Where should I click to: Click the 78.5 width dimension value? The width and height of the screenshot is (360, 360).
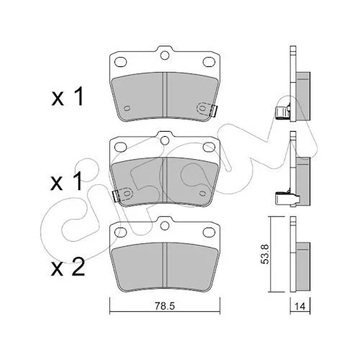pos(165,306)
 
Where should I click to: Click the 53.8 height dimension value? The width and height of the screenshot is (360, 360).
pos(265,254)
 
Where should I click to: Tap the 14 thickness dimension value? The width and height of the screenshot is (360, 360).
pos(300,307)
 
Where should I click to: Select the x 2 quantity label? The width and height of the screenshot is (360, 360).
pos(68,267)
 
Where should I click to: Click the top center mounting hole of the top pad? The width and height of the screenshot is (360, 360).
pos(165,55)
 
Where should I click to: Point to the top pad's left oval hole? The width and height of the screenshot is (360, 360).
pos(120,62)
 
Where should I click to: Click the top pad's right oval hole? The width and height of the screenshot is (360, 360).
pos(209,62)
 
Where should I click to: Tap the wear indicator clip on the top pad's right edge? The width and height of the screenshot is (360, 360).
pos(213,111)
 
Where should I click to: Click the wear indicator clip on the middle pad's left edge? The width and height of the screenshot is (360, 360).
pos(116,196)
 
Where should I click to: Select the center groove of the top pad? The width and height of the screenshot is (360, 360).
pos(165,95)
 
